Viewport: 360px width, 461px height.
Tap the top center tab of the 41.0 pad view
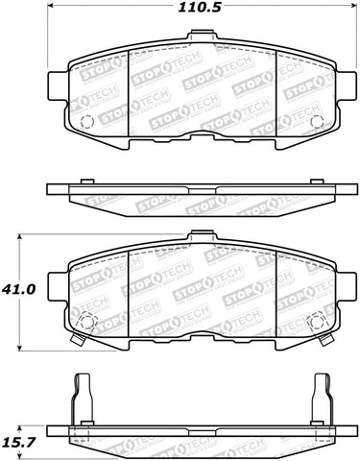(x=201, y=236)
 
